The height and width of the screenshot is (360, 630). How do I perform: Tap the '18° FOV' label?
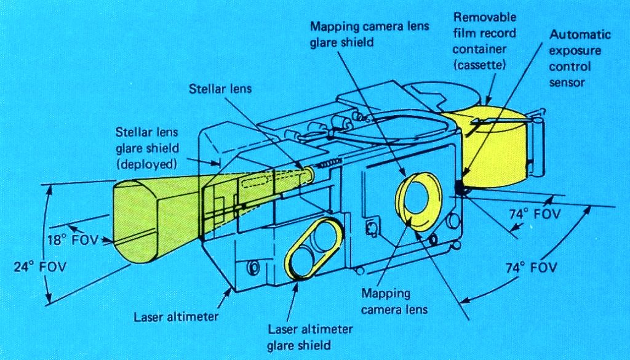click(73, 239)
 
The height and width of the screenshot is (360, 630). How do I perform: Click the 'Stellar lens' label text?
click(220, 89)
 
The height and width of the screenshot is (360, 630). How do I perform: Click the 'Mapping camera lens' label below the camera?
click(394, 301)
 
